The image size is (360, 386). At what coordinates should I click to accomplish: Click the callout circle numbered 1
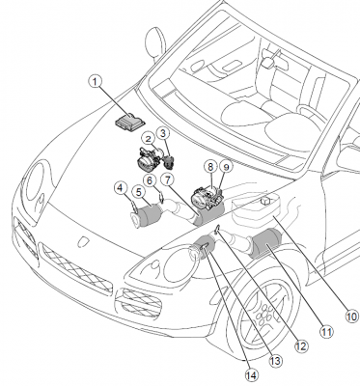coord(96,82)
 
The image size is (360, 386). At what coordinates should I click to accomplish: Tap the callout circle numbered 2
coord(149,139)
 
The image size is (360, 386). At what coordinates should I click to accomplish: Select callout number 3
coord(163,132)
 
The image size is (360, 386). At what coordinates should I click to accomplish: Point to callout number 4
coord(121,188)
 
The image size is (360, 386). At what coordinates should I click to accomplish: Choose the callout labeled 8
coord(210,167)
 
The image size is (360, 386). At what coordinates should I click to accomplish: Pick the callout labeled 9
coord(226,167)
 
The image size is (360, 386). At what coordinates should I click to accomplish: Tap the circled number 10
coord(352,317)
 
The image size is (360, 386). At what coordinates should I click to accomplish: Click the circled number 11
coord(326,331)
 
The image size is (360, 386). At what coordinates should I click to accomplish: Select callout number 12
coord(301,346)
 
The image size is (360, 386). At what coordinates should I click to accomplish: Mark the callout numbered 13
coord(276,361)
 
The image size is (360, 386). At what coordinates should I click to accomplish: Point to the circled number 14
coord(252,375)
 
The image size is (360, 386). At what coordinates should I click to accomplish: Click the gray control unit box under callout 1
coord(130,120)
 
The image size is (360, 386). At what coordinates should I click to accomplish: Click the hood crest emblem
coord(83,242)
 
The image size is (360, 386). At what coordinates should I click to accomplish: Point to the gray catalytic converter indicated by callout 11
coord(266,243)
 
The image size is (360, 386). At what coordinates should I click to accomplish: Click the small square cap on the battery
coord(265,201)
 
